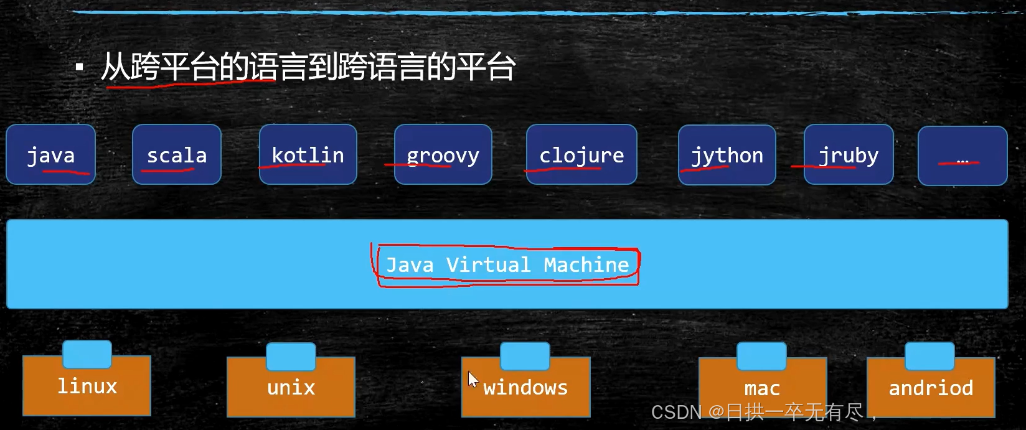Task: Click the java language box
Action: tap(50, 154)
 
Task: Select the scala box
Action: tap(177, 154)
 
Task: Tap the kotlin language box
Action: tap(308, 154)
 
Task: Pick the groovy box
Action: tap(443, 154)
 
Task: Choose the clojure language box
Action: tap(581, 154)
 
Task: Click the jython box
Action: tap(727, 154)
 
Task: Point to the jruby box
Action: tap(849, 154)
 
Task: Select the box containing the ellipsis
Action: tap(962, 156)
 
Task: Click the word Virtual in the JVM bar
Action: tap(488, 265)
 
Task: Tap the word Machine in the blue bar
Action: tap(586, 265)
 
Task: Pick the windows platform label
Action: tap(525, 388)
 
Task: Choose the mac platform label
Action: tap(762, 389)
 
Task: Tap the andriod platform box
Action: tap(931, 388)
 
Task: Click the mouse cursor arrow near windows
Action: tap(473, 378)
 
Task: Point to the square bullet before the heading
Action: tap(79, 67)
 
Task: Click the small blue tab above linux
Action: tap(87, 353)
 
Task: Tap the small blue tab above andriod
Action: tap(930, 355)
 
